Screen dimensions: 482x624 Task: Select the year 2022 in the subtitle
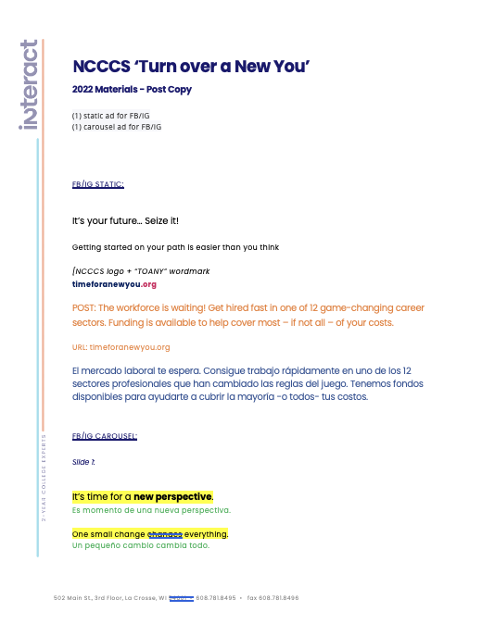(83, 90)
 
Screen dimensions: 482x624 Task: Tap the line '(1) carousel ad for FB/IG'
(117, 125)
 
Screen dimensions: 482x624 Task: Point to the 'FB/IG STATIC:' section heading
(97, 184)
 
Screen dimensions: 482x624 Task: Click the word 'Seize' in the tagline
(145, 221)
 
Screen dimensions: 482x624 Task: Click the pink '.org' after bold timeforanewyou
(149, 284)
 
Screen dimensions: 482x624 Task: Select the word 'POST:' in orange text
(83, 307)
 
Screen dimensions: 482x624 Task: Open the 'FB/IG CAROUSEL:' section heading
(104, 435)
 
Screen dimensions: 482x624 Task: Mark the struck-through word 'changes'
(165, 534)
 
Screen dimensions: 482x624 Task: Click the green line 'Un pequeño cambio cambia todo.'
(140, 545)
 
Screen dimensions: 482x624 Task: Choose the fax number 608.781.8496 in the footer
(279, 598)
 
